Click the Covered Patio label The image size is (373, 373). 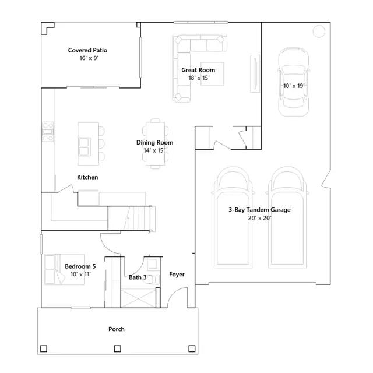[87, 50]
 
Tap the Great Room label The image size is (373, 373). [198, 70]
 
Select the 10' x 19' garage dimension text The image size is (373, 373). [294, 86]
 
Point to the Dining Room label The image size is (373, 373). [154, 142]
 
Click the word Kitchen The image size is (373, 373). [87, 177]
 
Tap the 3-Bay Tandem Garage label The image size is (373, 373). [259, 210]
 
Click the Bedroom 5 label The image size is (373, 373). [80, 266]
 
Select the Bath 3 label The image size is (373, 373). [138, 277]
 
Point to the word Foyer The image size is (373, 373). [177, 275]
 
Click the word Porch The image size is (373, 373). [117, 329]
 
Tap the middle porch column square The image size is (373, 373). [118, 349]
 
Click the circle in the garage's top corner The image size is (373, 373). [319, 31]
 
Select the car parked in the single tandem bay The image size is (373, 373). [294, 82]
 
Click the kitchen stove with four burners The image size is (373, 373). [48, 132]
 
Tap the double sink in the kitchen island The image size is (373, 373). [85, 147]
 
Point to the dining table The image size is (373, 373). [156, 143]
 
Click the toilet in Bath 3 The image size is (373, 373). [152, 279]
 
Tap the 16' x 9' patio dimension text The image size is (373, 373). [89, 58]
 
